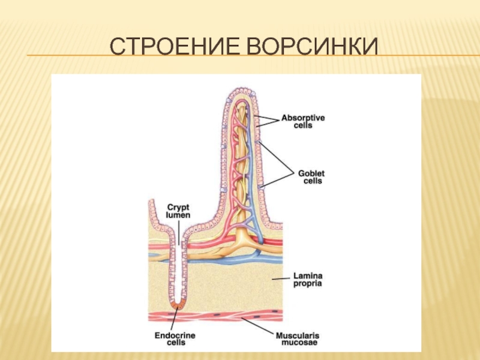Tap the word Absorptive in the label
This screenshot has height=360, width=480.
click(303, 118)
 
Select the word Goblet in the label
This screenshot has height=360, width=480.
click(311, 172)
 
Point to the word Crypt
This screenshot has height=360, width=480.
click(178, 206)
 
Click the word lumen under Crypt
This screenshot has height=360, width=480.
click(178, 214)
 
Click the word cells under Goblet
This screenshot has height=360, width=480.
click(312, 181)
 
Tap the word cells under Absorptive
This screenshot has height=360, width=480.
click(304, 127)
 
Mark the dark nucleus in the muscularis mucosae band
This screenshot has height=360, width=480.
click(273, 313)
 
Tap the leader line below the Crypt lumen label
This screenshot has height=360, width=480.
click(179, 231)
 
